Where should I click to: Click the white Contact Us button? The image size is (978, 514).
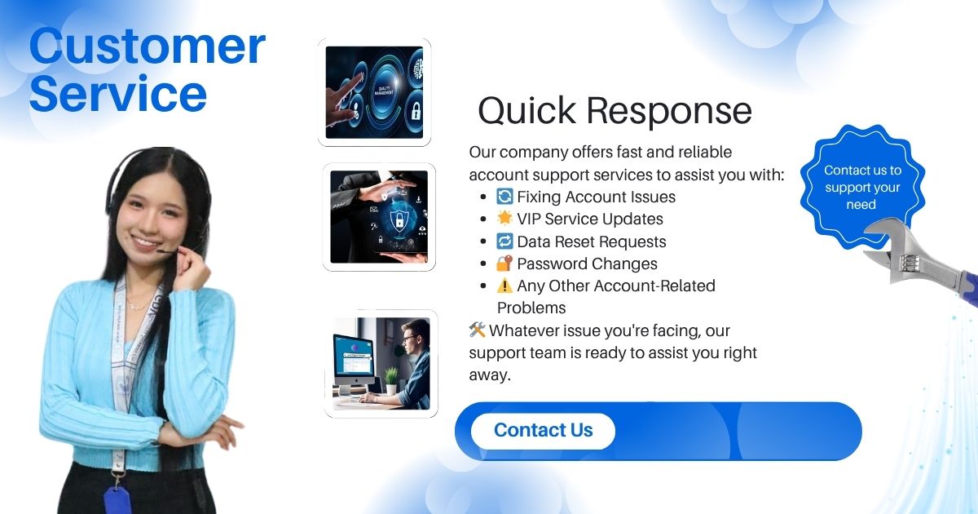pos(543,431)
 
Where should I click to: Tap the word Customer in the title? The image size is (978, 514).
pos(148,47)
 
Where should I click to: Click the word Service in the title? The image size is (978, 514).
pos(118,93)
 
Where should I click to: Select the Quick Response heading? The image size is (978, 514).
pos(615,111)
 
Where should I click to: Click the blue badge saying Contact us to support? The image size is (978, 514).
pos(862,186)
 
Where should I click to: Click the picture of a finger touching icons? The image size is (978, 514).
pos(374,92)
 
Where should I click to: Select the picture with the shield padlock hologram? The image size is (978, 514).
pos(379,217)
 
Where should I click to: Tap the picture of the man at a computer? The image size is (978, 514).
pos(381,364)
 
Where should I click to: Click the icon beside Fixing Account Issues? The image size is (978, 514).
pos(504,197)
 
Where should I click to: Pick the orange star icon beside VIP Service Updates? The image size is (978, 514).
pos(504,218)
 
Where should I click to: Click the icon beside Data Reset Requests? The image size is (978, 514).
pos(504,241)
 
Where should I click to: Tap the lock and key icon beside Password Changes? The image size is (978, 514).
pos(504,263)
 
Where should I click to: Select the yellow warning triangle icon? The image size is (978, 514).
pos(504,286)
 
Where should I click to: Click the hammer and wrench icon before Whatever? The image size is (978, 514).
pos(478,330)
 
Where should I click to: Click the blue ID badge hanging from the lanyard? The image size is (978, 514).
pos(117,500)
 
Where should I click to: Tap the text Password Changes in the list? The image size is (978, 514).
pos(587,264)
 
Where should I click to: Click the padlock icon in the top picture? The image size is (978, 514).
pos(415,112)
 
